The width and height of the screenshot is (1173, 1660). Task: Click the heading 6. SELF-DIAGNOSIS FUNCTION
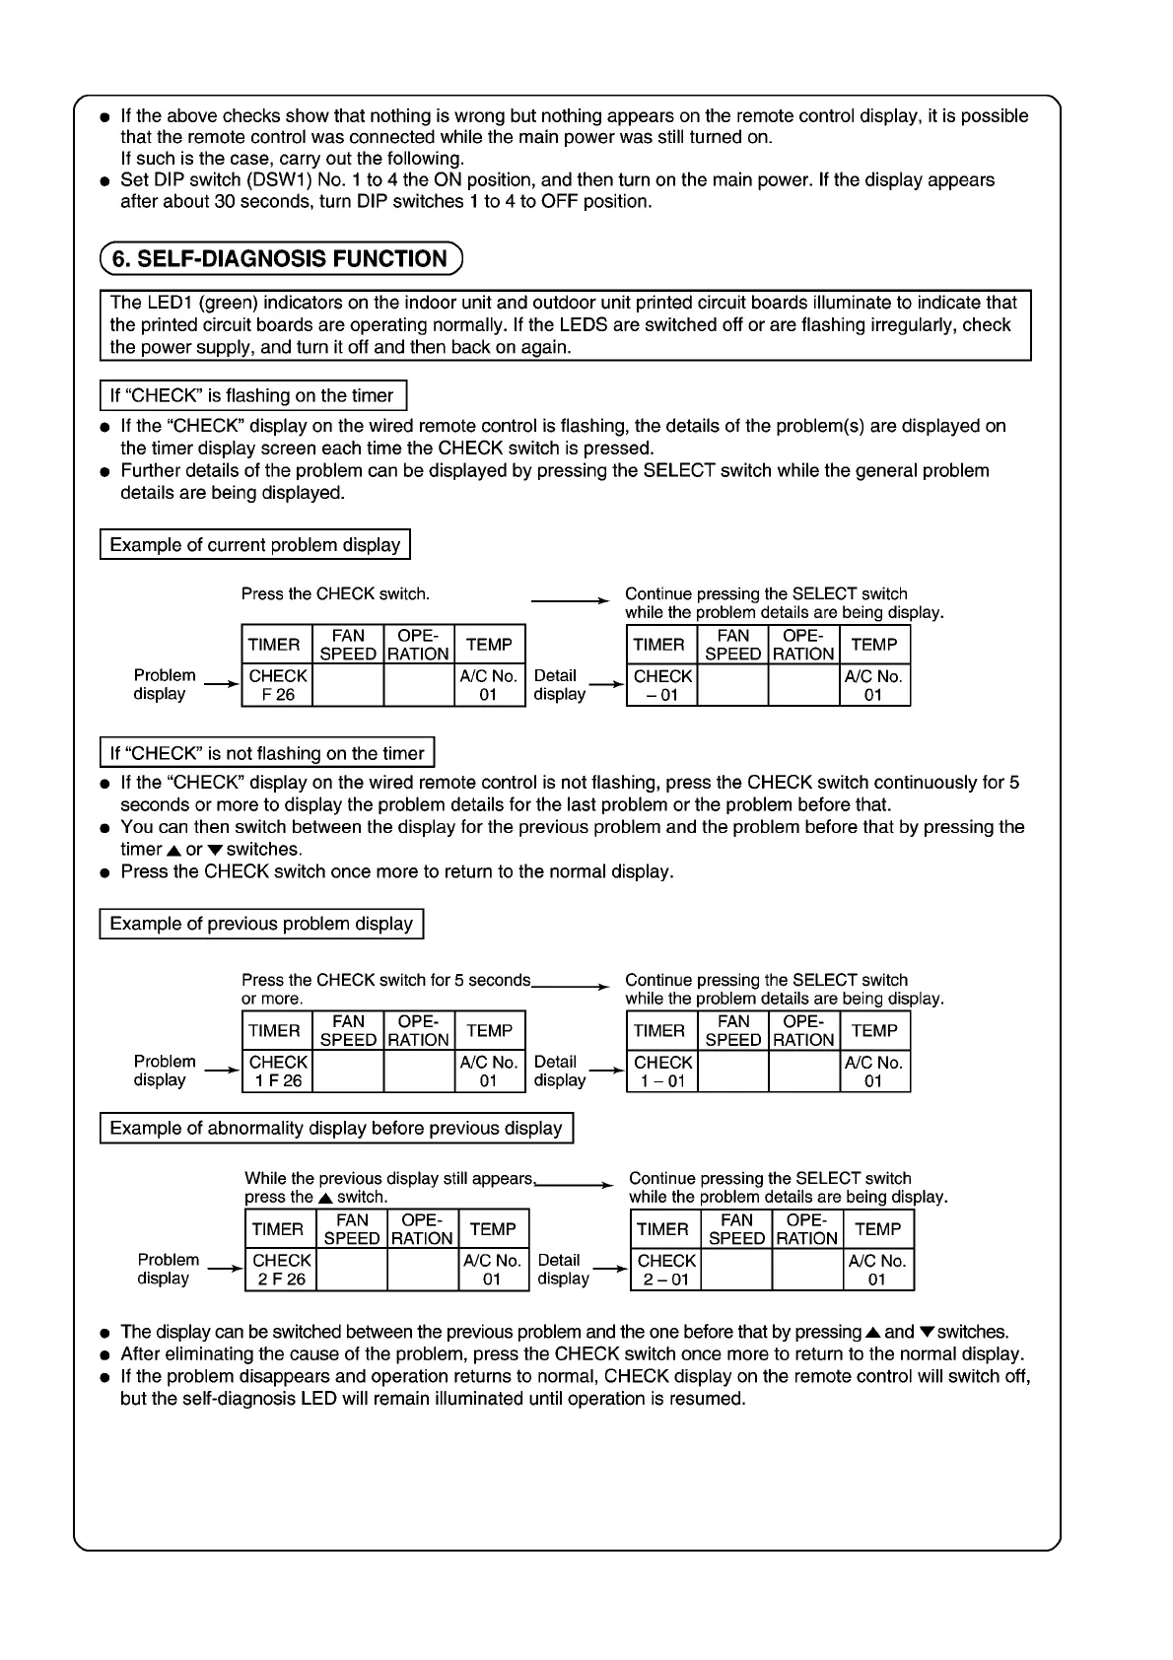point(280,259)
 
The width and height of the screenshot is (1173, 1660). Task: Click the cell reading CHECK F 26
point(278,685)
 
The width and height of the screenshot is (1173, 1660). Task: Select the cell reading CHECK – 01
point(662,685)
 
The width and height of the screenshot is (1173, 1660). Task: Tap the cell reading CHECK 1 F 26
point(278,1072)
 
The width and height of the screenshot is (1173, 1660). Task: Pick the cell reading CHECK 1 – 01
point(662,1072)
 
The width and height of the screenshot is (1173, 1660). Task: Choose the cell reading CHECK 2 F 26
point(282,1270)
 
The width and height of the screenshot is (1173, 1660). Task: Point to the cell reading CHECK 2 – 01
point(666,1270)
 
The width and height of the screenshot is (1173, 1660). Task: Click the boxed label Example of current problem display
point(254,545)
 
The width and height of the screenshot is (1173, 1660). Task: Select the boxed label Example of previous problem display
point(261,924)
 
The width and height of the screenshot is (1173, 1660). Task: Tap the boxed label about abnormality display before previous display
point(336,1128)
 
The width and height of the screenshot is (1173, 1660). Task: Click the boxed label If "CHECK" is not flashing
point(266,753)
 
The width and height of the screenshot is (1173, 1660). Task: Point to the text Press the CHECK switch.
point(335,594)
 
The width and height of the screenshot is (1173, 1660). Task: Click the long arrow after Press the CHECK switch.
point(570,599)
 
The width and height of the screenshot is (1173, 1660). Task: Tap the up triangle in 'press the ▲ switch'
point(324,1198)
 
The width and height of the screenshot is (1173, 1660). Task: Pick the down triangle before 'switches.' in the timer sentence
point(215,850)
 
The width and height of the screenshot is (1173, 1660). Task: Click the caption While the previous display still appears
point(388,1179)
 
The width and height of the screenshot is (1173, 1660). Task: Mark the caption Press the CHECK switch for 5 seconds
point(385,981)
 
